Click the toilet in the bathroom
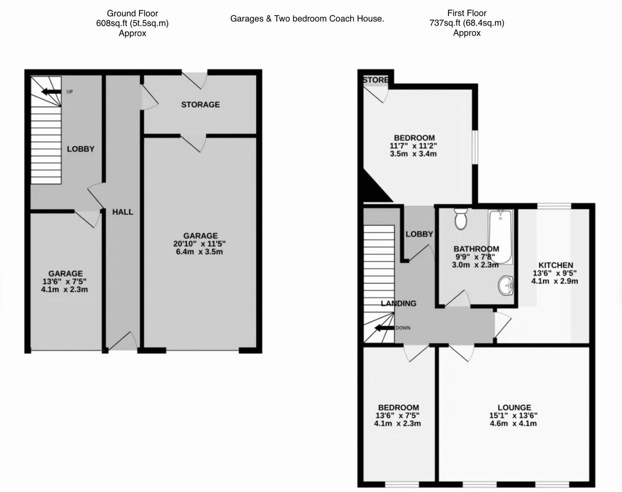point(461,219)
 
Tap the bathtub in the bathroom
point(501,236)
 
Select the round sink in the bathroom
point(505,285)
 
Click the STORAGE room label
point(200,105)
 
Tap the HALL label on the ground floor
point(122,212)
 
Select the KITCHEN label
point(556,265)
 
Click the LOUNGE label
point(514,408)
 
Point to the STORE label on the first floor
point(375,80)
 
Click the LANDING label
point(398,303)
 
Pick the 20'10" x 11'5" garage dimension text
point(199,244)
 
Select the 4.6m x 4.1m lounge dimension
point(513,424)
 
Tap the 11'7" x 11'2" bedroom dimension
point(413,146)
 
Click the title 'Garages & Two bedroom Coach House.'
point(307,19)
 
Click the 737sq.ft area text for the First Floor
point(466,23)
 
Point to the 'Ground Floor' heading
point(132,13)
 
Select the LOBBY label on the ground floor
point(80,149)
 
